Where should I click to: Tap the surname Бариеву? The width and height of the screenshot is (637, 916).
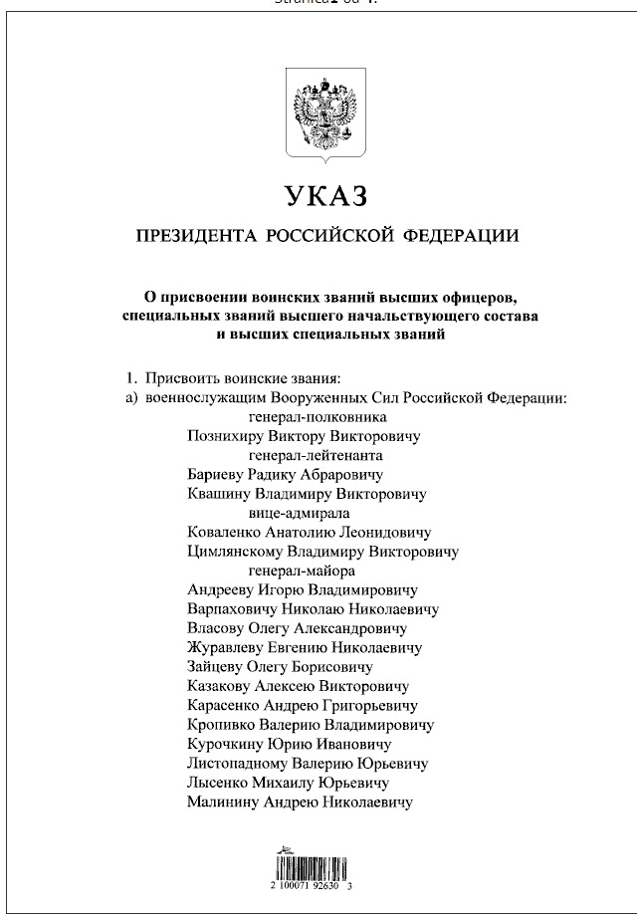click(216, 475)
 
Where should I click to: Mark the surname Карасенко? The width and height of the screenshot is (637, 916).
click(223, 705)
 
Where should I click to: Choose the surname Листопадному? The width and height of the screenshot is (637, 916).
click(236, 764)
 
